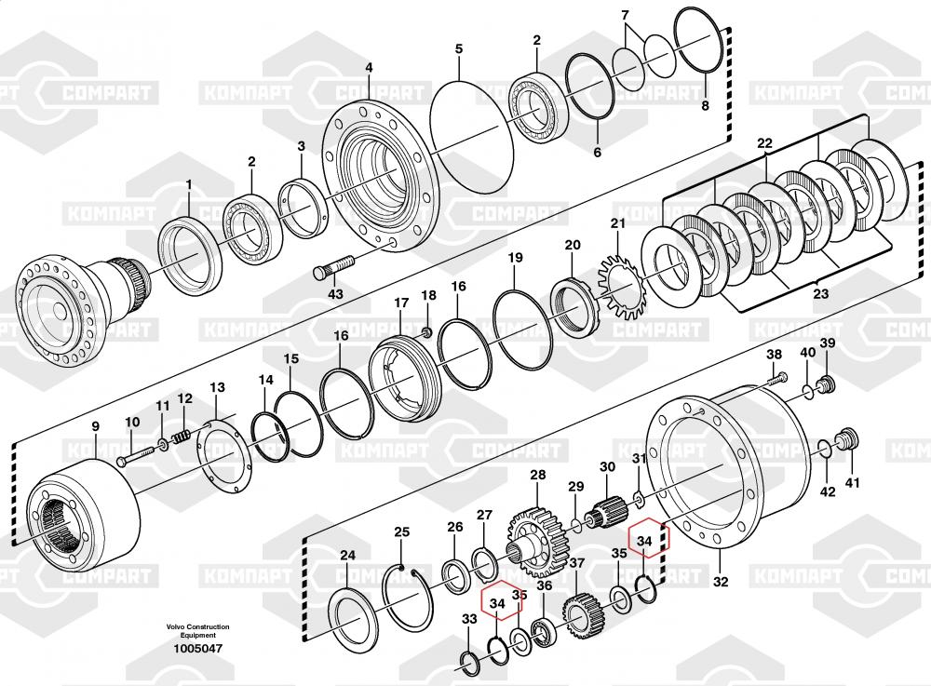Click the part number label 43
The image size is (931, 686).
(x=335, y=294)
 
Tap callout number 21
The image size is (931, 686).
(x=618, y=222)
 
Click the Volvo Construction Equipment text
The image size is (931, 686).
(x=198, y=631)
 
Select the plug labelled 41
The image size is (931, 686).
(x=846, y=438)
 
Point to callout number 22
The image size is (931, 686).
(x=764, y=143)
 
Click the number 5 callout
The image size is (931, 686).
(x=458, y=47)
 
